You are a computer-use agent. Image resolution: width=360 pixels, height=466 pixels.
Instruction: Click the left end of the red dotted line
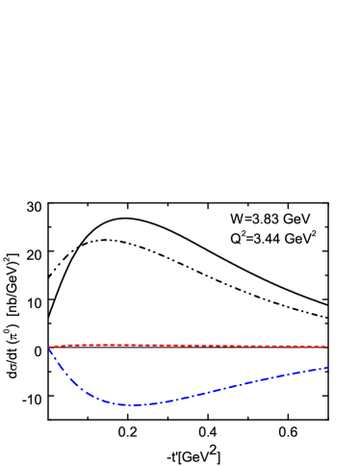(x=50, y=346)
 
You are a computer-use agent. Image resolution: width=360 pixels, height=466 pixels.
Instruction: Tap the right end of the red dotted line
(x=325, y=346)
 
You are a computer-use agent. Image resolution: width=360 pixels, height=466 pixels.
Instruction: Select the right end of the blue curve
(x=327, y=368)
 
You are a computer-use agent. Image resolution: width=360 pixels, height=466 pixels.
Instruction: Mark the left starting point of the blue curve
(x=49, y=348)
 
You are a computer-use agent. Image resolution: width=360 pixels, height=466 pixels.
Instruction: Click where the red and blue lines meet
(x=50, y=347)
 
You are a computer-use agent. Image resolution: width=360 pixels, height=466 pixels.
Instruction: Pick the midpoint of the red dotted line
(x=188, y=345)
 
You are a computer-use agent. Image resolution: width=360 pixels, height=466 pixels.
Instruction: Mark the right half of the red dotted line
(x=260, y=346)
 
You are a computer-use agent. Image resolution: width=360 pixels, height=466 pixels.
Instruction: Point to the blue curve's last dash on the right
(x=323, y=369)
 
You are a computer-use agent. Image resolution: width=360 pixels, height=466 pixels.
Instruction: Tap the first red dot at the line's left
(x=51, y=346)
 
